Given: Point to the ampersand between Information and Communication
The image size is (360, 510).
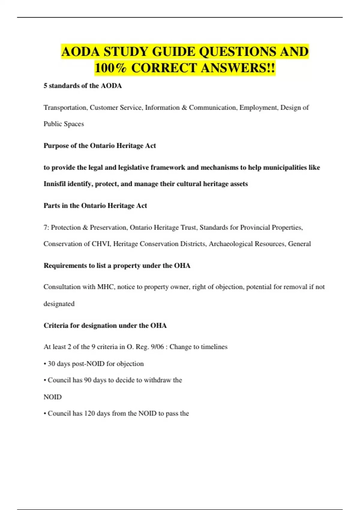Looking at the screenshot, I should [x=184, y=107].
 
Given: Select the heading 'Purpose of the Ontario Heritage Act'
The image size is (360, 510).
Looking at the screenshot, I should [x=100, y=146].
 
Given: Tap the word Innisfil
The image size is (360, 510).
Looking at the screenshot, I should [x=54, y=184].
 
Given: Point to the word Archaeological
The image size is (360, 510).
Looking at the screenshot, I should [x=231, y=244].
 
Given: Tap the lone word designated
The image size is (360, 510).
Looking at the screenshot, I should [x=59, y=304].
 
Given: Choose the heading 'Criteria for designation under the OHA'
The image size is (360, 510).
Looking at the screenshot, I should [x=105, y=325].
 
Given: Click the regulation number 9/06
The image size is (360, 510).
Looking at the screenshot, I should [x=157, y=347].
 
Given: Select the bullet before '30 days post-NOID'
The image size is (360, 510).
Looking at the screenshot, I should [x=45, y=364].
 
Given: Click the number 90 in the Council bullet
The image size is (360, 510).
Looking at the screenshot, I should [x=88, y=380].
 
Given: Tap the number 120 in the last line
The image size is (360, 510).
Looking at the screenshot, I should [x=89, y=413].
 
